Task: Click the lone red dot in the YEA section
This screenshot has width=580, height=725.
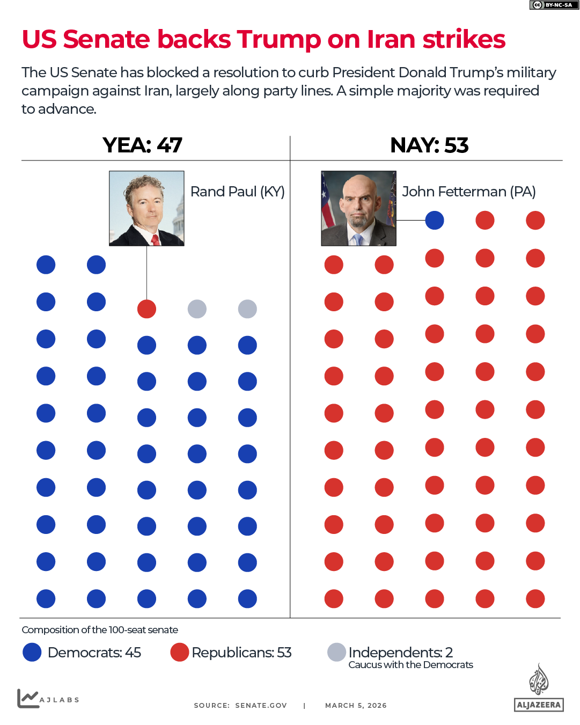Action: pos(146,309)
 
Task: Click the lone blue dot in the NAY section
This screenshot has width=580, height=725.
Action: pos(435,220)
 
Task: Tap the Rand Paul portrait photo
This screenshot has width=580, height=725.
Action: pos(146,208)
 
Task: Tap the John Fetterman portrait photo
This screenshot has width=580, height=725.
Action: pos(358,208)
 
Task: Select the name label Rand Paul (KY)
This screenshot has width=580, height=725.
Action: pos(237,192)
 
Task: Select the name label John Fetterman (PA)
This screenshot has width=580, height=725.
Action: pos(469,192)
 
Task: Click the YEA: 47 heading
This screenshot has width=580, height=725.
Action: pos(142,145)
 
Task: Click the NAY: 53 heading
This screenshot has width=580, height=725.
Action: pos(429,145)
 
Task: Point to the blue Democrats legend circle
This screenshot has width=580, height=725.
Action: pos(32,652)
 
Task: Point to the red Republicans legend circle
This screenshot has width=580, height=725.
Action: pos(179,652)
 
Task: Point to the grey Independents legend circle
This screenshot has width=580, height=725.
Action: pos(336,652)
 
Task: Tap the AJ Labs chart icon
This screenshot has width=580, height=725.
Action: pos(28,698)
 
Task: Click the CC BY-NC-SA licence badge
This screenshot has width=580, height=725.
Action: pos(554,5)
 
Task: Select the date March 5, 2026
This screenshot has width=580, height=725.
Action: pos(356,706)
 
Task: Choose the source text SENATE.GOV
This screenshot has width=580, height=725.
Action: pos(261,706)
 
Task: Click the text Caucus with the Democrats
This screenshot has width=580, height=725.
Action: pos(410,665)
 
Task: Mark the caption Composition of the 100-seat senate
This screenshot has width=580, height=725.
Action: pos(100,630)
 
